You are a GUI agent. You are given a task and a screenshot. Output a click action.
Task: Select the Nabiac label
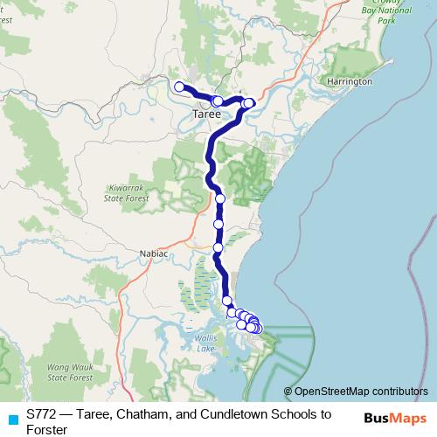coord(154,253)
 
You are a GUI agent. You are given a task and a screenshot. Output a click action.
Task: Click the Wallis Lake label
coord(205,344)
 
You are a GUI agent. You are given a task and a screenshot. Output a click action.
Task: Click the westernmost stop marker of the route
coord(179,86)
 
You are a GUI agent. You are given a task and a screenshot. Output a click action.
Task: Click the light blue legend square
coord(10,416)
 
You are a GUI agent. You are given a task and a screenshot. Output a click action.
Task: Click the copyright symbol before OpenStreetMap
coord(288,392)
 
